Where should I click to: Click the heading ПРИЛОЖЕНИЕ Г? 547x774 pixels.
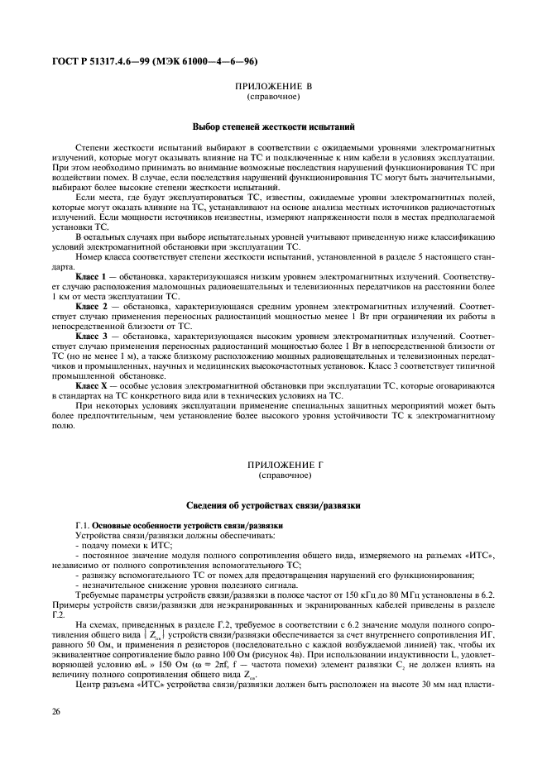pos(272,466)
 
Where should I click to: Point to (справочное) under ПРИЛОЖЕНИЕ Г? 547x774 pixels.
pos(272,476)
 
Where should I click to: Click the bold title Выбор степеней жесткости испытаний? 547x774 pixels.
pos(273,127)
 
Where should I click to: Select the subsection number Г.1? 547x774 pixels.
pos(82,526)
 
